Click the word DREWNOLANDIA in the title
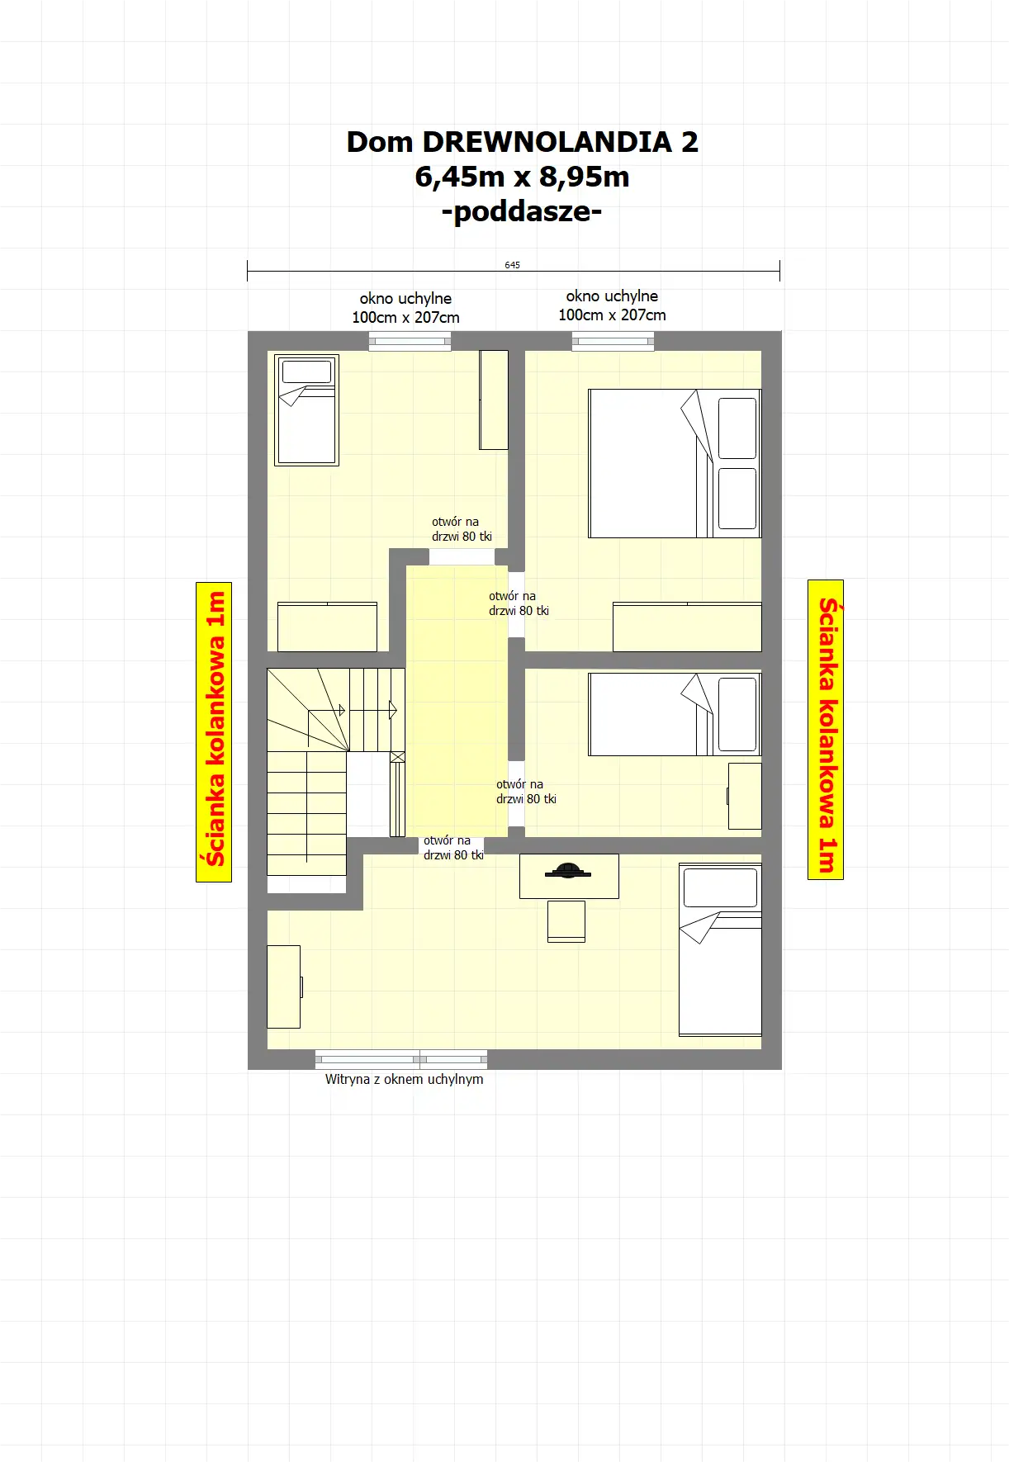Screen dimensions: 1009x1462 tap(547, 142)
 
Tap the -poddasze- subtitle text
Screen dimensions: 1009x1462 tap(522, 212)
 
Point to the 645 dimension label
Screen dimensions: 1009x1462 tap(513, 265)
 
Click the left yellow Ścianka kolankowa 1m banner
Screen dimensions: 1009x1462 tap(214, 731)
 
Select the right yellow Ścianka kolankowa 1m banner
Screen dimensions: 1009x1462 tap(826, 729)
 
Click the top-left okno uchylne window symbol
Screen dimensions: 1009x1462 tap(410, 341)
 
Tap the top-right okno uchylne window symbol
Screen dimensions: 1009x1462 tap(613, 341)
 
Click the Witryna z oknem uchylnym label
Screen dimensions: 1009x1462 tap(405, 1079)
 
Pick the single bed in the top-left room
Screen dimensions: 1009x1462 tap(306, 410)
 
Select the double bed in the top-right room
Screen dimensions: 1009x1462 tap(675, 464)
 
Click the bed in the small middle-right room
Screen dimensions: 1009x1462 tap(675, 714)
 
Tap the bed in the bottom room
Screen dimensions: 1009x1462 tap(720, 949)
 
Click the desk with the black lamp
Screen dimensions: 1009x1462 tap(569, 876)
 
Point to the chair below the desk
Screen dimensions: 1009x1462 tap(566, 921)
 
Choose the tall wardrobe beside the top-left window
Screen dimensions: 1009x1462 tap(494, 400)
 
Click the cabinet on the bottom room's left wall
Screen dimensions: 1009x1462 tap(284, 986)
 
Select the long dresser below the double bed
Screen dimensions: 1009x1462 tap(687, 627)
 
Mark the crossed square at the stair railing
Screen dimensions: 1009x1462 tap(397, 757)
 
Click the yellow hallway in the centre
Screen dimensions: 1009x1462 tap(457, 701)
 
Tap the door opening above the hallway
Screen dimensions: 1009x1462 tap(462, 556)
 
